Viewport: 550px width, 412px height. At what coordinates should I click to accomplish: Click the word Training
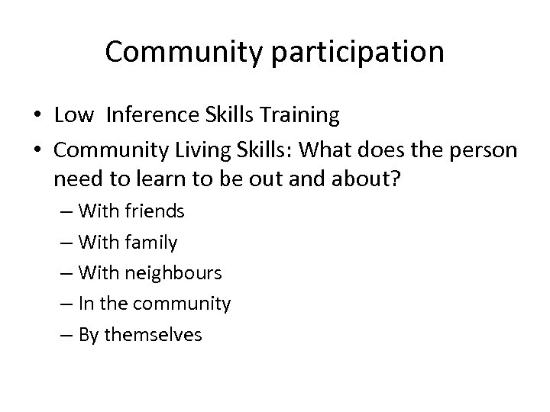click(301, 115)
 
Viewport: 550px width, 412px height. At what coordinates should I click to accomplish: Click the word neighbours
click(173, 272)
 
